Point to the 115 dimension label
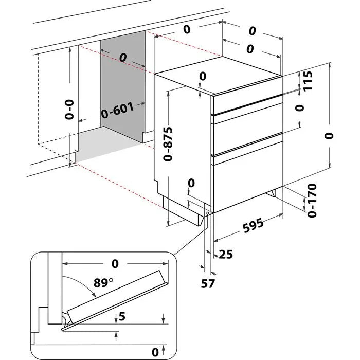pyautogui.click(x=308, y=81)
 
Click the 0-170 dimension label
pyautogui.click(x=309, y=200)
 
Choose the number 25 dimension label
pyautogui.click(x=226, y=254)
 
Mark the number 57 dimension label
pyautogui.click(x=208, y=283)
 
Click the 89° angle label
pyautogui.click(x=103, y=283)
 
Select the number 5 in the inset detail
pyautogui.click(x=121, y=317)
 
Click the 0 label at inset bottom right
pyautogui.click(x=155, y=352)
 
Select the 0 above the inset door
pyautogui.click(x=114, y=264)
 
